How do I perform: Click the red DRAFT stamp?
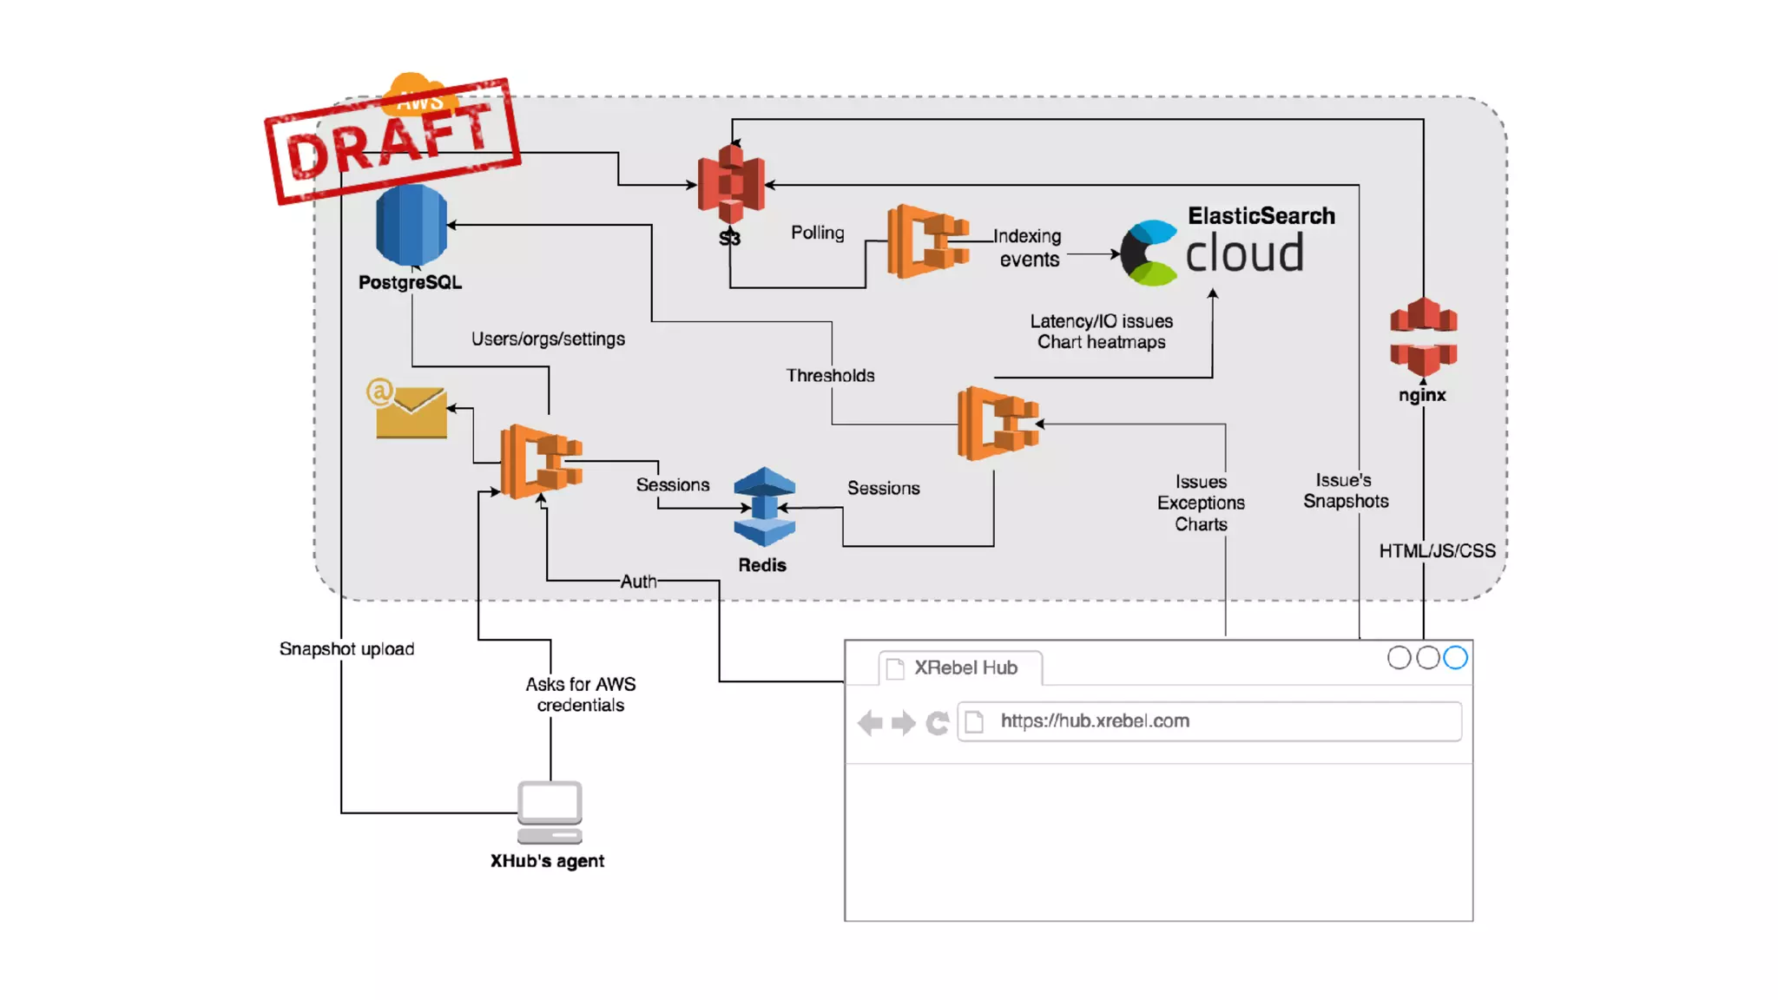coord(392,141)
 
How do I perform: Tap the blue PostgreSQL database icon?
coord(412,225)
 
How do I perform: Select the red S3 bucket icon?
coord(731,183)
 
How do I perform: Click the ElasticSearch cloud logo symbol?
coord(1149,253)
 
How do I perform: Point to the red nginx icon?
coord(1423,336)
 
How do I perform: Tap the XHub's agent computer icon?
coord(550,812)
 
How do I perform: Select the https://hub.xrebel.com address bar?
coord(1208,721)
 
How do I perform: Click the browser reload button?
coord(937,722)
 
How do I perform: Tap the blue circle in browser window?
coord(1455,658)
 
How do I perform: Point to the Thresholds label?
coord(830,375)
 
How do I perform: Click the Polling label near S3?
coord(817,233)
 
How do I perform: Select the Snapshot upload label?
coord(346,648)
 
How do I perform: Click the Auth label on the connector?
coord(638,582)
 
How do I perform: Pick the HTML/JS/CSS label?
coord(1437,550)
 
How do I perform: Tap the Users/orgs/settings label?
coord(548,339)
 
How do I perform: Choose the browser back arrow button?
coord(870,722)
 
